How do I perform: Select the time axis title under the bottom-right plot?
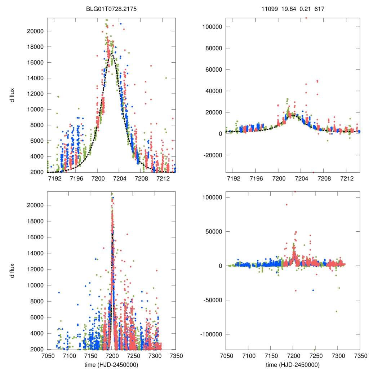coord(293,365)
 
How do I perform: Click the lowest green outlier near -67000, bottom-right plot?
coord(337,311)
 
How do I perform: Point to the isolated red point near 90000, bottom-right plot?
coord(286,205)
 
